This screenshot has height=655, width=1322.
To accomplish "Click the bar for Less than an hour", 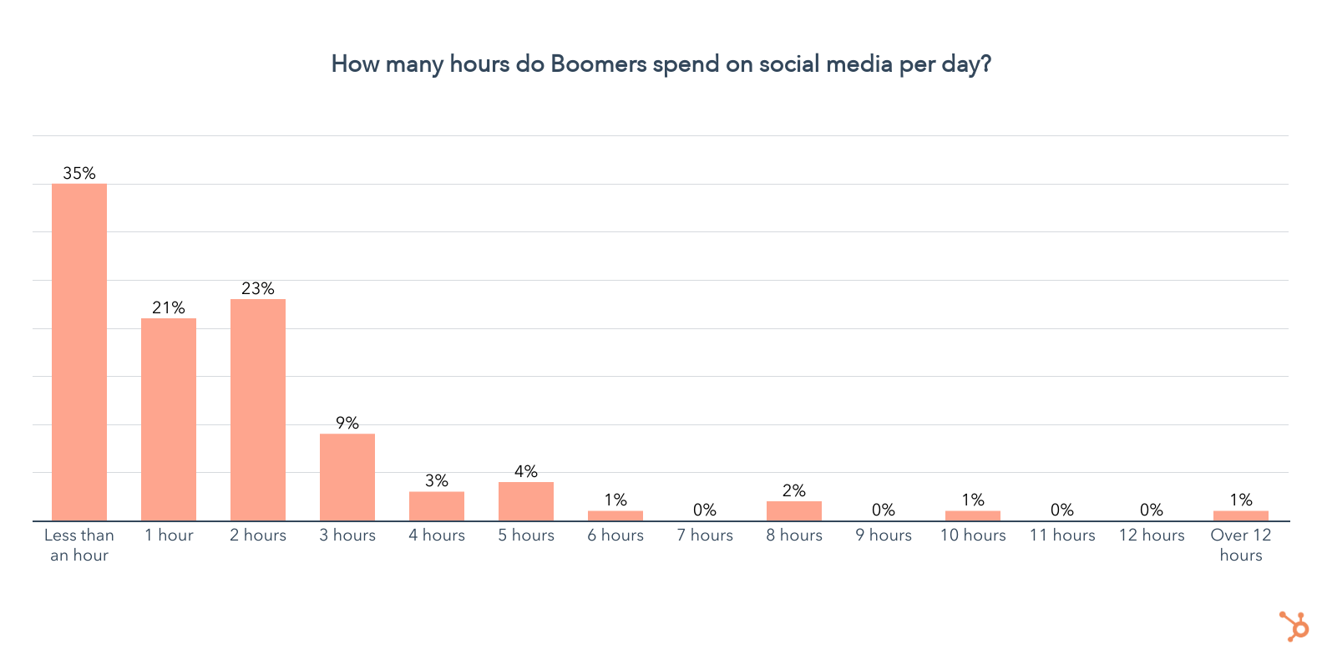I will [x=79, y=352].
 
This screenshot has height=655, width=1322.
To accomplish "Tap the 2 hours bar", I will [x=258, y=409].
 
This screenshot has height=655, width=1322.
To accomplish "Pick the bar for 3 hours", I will [x=347, y=477].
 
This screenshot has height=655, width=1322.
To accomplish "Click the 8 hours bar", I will [x=794, y=510].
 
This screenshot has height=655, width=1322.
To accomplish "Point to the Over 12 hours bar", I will [x=1241, y=515].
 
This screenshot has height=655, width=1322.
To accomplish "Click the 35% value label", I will [x=79, y=173].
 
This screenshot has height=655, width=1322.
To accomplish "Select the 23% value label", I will [x=258, y=288].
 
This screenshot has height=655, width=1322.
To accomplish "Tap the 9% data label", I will [x=347, y=423].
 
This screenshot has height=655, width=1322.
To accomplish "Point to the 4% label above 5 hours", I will [x=526, y=471].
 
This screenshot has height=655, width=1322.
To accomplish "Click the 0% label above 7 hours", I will [x=705, y=510].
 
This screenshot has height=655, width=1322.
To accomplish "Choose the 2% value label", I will [x=794, y=490].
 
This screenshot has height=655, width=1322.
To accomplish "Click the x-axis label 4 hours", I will [x=437, y=536].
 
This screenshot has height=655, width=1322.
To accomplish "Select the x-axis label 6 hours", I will [x=615, y=536].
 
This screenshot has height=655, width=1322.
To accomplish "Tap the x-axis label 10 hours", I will [x=973, y=536].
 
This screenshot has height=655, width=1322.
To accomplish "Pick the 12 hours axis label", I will [x=1152, y=536].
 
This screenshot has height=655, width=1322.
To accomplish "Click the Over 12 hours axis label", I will [x=1241, y=545].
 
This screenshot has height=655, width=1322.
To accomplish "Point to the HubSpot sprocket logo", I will [x=1295, y=626].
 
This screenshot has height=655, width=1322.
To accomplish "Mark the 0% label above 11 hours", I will [x=1062, y=510].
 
